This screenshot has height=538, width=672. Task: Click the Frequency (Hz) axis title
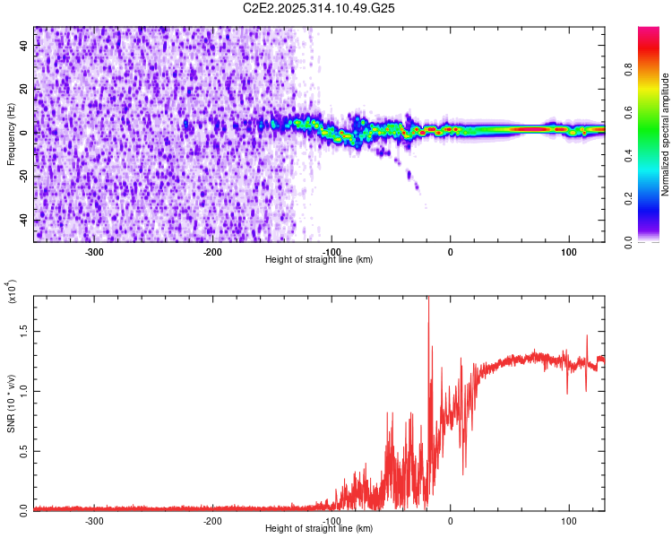tap(11, 134)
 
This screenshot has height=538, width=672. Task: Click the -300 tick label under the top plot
tap(94, 251)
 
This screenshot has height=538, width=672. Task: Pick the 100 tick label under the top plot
tap(568, 251)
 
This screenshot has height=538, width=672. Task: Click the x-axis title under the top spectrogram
tap(319, 260)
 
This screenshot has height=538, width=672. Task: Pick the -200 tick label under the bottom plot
tap(212, 520)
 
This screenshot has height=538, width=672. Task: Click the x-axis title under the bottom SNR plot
tap(319, 529)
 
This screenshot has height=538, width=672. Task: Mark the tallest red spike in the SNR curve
tap(428, 299)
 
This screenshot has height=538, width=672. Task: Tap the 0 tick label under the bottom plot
tap(450, 520)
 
